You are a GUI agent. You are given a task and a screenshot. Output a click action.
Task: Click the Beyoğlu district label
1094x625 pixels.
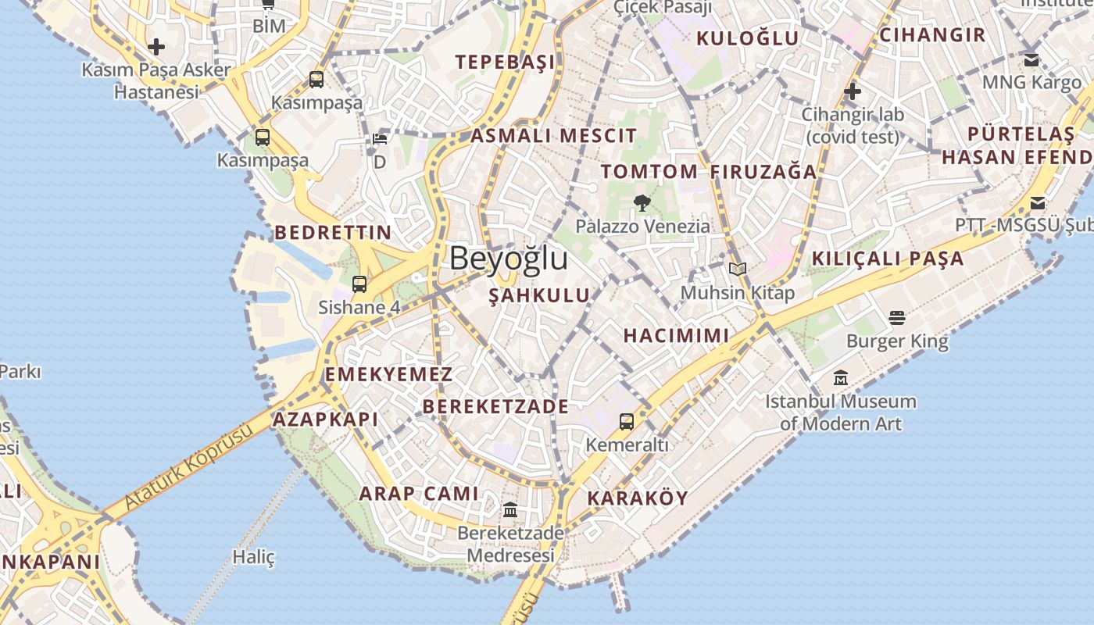click(x=508, y=259)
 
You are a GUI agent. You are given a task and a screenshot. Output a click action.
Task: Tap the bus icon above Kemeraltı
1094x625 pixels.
click(x=627, y=422)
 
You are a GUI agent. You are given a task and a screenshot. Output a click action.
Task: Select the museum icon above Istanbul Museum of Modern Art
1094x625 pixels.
click(x=841, y=378)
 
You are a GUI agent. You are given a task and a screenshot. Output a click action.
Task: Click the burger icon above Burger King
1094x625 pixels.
click(x=897, y=318)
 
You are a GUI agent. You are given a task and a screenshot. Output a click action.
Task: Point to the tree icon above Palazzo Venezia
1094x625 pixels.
click(x=642, y=204)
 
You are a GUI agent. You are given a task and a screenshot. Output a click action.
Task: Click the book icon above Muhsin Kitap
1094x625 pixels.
click(x=738, y=270)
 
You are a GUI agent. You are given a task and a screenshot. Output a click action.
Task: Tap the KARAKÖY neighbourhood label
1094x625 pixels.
click(x=638, y=498)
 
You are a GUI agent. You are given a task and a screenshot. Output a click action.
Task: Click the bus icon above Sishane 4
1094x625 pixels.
click(x=359, y=284)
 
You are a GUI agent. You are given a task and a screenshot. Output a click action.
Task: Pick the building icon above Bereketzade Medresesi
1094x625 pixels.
click(x=510, y=510)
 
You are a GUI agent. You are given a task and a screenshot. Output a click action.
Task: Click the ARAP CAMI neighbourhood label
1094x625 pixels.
click(x=419, y=493)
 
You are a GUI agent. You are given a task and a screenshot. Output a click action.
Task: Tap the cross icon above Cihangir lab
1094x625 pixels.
click(x=853, y=92)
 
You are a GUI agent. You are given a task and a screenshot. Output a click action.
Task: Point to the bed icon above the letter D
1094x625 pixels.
click(x=380, y=139)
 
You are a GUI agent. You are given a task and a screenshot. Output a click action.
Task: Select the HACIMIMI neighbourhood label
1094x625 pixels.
click(x=676, y=335)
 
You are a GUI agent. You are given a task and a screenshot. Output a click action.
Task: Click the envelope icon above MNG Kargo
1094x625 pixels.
click(x=1031, y=59)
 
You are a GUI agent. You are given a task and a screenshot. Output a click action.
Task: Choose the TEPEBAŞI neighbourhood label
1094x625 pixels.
click(x=505, y=62)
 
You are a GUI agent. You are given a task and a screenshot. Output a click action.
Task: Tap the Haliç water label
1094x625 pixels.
click(x=254, y=557)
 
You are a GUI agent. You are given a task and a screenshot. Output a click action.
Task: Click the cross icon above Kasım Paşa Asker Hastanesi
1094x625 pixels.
click(x=156, y=47)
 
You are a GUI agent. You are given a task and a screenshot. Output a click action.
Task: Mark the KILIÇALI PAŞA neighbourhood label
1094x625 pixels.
click(x=888, y=259)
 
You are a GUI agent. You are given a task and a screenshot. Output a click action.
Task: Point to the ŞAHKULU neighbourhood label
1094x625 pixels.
click(x=539, y=295)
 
